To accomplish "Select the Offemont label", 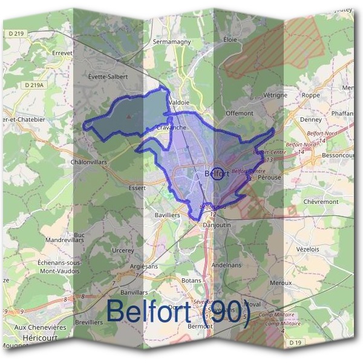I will pos(239,113).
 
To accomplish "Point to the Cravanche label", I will pos(171,128).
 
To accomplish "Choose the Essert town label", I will pos(137,188).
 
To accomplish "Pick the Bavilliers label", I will pos(168,215).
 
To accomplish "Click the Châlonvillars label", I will pos(88,162).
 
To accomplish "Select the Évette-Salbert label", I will pos(108,77).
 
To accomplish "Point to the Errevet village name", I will pos(62,53).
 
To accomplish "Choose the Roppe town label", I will pos(310,95).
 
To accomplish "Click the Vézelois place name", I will pos(307,249).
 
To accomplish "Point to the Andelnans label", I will pos(226,264).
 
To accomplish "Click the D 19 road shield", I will pos(295,343).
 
